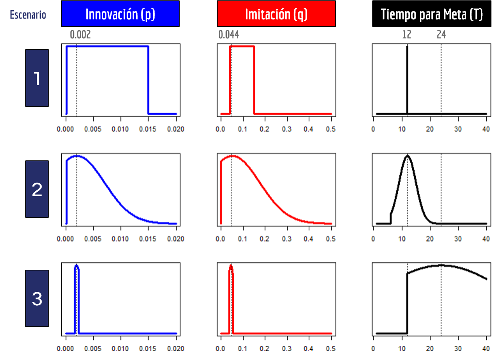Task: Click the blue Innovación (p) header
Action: click(x=120, y=14)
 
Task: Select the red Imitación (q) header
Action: click(x=276, y=14)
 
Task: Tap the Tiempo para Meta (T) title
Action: click(x=432, y=14)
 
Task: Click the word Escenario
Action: click(x=28, y=15)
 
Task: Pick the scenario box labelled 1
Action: click(x=37, y=78)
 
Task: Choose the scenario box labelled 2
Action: click(x=37, y=189)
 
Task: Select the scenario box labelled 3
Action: click(x=37, y=299)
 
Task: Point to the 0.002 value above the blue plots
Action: click(x=80, y=35)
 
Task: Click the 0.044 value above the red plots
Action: click(x=229, y=35)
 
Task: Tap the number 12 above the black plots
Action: click(x=407, y=35)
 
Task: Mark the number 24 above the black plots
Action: click(x=441, y=35)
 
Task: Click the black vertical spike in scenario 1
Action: click(x=407, y=79)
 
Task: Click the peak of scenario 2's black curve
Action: click(x=407, y=156)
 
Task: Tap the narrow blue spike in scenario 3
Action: click(x=77, y=285)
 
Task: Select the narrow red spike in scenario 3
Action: click(x=231, y=285)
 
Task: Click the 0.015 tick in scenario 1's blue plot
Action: click(x=148, y=130)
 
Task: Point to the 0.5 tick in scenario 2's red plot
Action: click(x=331, y=239)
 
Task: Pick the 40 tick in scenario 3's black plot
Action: click(x=486, y=349)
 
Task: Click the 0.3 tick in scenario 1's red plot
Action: click(x=287, y=130)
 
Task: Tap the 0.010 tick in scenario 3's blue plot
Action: click(x=121, y=349)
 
